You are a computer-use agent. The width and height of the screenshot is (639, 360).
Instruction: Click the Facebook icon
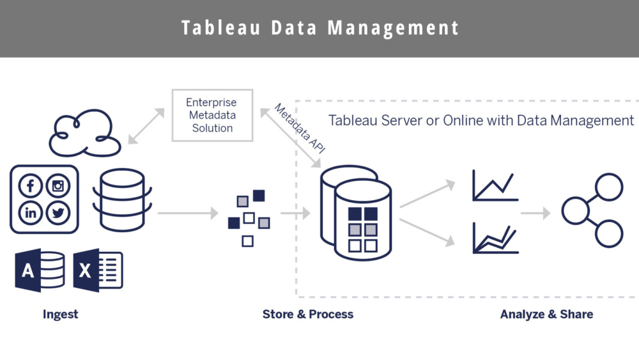(31, 186)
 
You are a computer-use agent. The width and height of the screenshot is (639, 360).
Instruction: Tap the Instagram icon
(58, 186)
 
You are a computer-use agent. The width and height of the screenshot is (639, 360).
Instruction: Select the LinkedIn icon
(31, 213)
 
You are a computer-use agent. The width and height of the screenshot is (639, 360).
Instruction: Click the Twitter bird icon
(58, 213)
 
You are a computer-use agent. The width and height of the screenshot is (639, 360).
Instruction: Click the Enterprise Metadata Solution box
(212, 115)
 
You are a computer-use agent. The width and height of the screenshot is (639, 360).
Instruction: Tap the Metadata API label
(299, 128)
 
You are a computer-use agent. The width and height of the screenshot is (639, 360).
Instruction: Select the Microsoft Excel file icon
(98, 270)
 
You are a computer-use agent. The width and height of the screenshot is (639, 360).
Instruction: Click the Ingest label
(60, 314)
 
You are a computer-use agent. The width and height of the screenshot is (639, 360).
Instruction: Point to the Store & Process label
(307, 314)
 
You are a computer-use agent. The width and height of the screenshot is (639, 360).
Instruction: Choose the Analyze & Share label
(546, 314)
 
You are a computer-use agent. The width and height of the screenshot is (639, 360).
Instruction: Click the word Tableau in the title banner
(215, 28)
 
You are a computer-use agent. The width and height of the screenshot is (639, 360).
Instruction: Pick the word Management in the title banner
(394, 28)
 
